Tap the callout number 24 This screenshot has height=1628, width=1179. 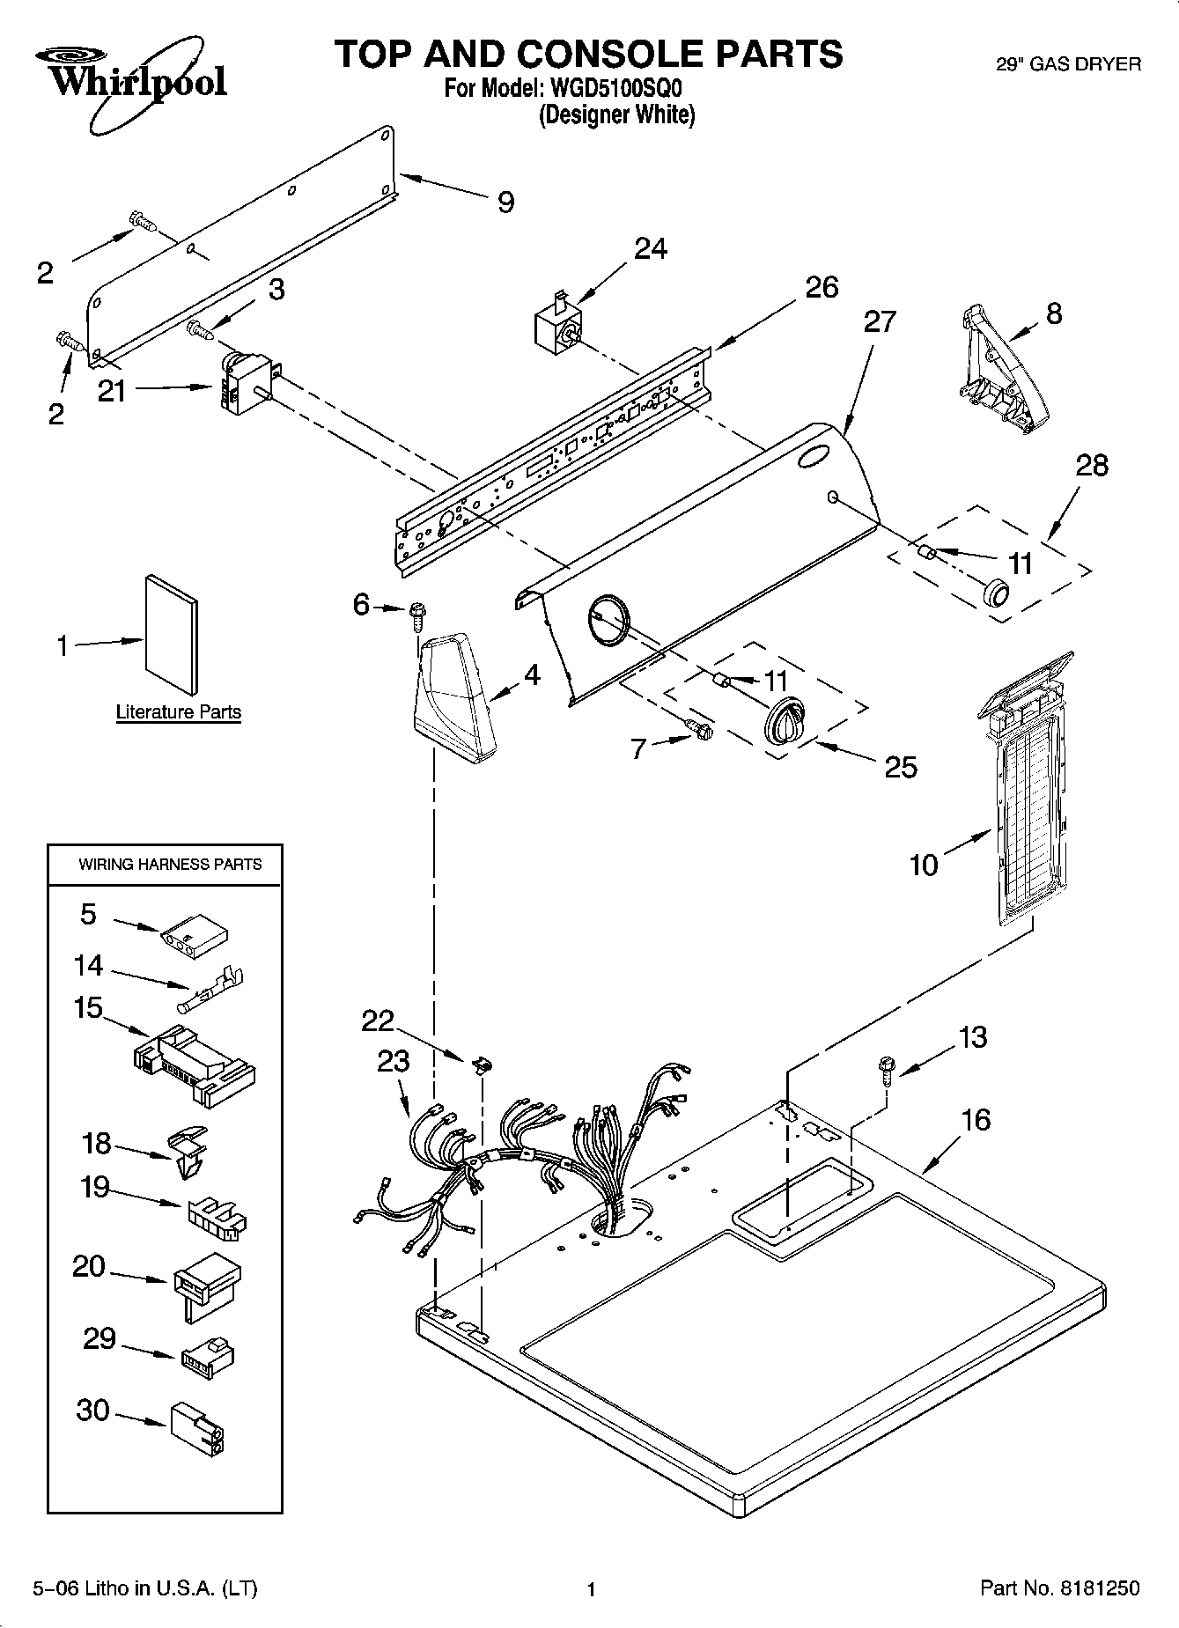click(x=651, y=249)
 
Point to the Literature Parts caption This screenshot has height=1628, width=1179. click(x=179, y=711)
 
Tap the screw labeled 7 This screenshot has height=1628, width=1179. click(x=701, y=729)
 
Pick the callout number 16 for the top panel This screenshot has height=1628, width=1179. click(x=976, y=1119)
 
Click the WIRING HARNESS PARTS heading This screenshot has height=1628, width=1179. click(x=170, y=865)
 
